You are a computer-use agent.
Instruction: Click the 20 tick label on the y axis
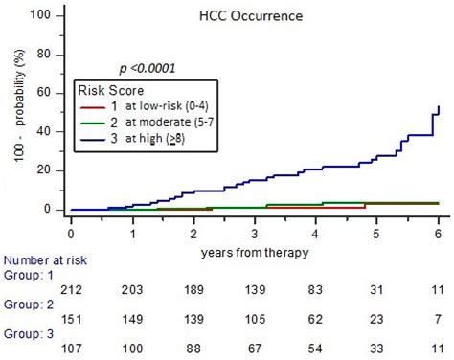point(45,170)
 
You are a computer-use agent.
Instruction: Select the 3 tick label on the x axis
point(255,233)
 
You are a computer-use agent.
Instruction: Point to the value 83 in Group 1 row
point(316,288)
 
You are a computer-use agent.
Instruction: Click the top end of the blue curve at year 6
point(438,106)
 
